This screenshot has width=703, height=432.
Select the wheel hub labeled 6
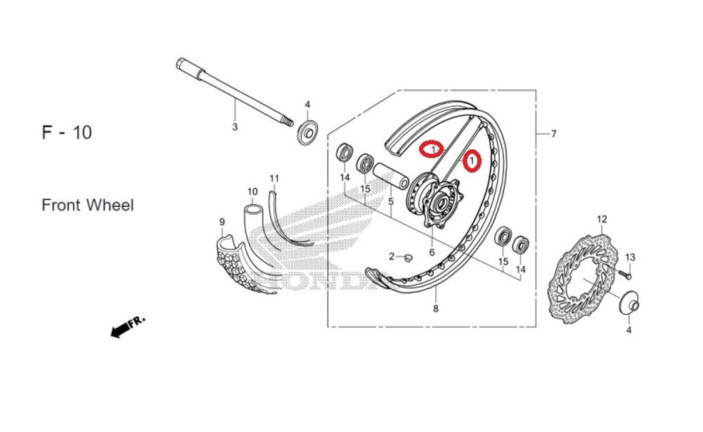(x=437, y=201)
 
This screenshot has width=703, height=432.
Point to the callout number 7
(x=553, y=134)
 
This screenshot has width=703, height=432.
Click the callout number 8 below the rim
(x=436, y=309)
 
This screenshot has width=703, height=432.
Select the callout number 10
(x=252, y=191)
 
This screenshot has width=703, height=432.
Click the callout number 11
(x=274, y=177)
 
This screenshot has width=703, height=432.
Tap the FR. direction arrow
(x=127, y=326)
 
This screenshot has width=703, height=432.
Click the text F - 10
(x=67, y=132)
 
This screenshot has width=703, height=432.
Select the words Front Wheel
(x=88, y=205)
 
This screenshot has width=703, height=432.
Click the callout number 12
(x=601, y=220)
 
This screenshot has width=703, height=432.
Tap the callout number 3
(x=235, y=127)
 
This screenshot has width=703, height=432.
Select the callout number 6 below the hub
(x=432, y=252)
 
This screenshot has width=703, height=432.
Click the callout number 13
(x=630, y=257)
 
